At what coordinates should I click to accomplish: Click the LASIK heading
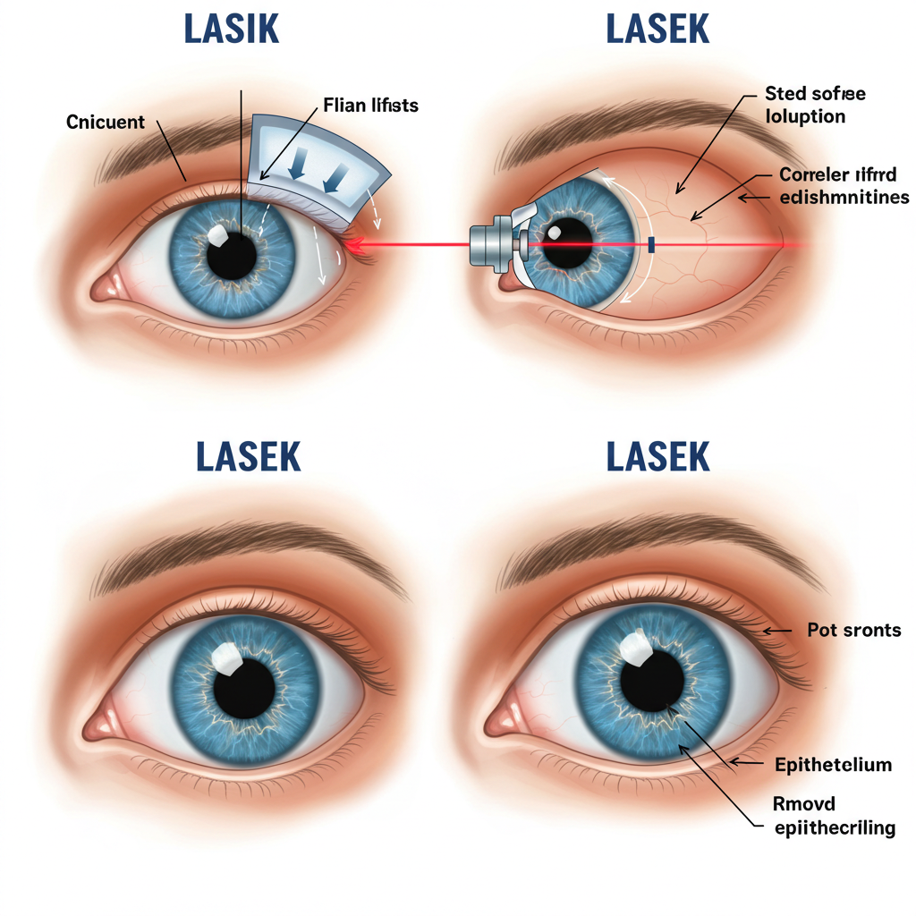point(232,30)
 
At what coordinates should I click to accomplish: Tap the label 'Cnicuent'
point(106,122)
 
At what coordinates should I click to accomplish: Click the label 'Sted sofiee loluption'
point(815,105)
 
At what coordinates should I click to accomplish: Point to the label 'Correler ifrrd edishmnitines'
point(844,185)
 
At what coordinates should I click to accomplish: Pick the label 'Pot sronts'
point(854,630)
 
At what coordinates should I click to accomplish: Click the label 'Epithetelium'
point(833,764)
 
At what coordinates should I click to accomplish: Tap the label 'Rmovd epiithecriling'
point(834,816)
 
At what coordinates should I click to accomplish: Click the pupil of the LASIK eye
point(233,254)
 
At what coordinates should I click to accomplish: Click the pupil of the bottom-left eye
point(245,689)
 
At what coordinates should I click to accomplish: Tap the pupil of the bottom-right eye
point(651,683)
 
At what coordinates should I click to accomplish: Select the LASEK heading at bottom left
point(249,456)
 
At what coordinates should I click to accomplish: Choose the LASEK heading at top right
point(657,30)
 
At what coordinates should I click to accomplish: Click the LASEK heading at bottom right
point(657,456)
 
